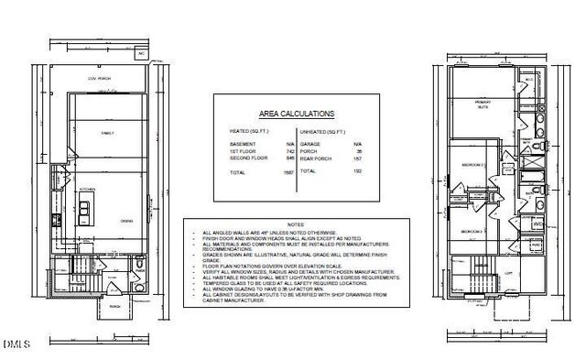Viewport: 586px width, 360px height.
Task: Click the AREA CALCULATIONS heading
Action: (x=296, y=114)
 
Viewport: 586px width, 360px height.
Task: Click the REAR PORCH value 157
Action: (x=356, y=158)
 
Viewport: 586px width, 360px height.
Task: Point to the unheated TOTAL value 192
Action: (x=356, y=170)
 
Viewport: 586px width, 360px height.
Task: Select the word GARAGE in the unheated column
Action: (x=310, y=144)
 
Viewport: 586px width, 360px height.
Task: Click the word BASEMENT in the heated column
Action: (x=238, y=144)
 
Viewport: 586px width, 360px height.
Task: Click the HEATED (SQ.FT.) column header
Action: (x=249, y=132)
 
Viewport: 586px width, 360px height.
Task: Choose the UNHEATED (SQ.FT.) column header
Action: (x=322, y=132)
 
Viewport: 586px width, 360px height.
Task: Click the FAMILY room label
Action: (x=106, y=134)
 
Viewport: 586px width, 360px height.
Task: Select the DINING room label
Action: (x=127, y=221)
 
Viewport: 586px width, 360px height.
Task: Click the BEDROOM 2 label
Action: (x=472, y=165)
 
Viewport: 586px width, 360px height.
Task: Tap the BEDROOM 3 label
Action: (x=471, y=231)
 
